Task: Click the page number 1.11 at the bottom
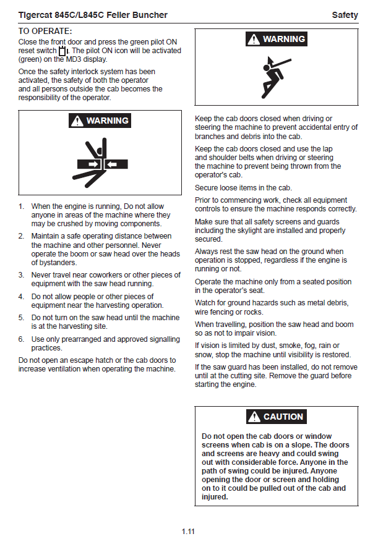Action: point(189,531)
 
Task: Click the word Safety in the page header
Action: point(345,15)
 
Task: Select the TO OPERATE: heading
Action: point(45,31)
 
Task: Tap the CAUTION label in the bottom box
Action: point(283,417)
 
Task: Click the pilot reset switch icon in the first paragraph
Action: point(62,51)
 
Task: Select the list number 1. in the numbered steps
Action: point(22,206)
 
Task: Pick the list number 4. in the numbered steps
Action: point(22,297)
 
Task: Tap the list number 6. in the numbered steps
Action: point(22,339)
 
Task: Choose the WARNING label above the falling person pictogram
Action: point(283,39)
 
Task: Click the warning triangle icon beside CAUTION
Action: point(254,417)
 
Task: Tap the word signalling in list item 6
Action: point(163,339)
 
